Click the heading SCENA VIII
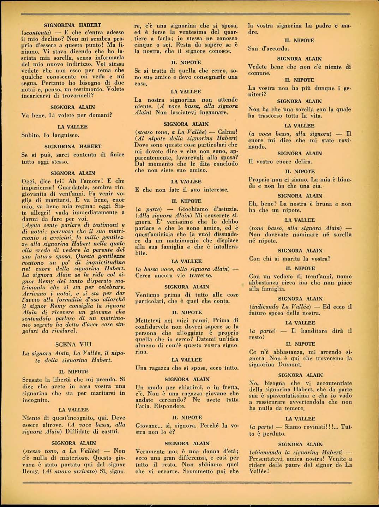73,344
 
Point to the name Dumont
290,365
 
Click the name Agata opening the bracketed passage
31,225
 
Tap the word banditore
315,331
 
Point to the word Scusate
32,380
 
